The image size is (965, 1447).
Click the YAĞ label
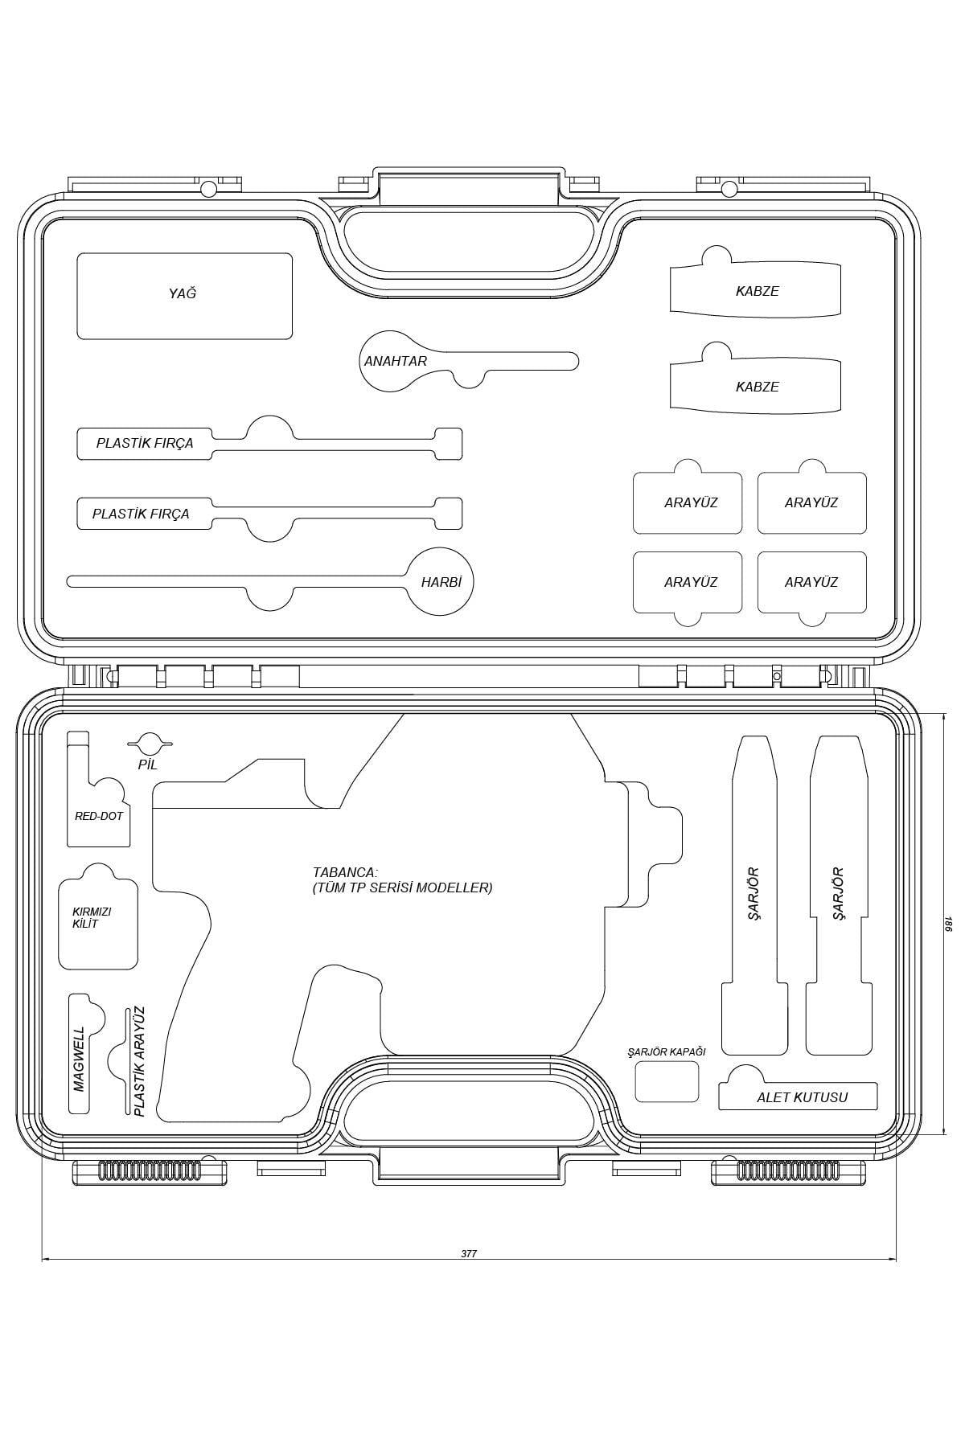click(183, 293)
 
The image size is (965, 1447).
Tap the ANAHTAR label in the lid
click(396, 361)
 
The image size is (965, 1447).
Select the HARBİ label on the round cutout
click(441, 582)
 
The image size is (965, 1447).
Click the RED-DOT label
click(99, 816)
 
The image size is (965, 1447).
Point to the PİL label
click(147, 764)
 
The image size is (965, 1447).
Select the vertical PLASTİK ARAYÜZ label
click(139, 1061)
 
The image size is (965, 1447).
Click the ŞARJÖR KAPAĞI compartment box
click(667, 1081)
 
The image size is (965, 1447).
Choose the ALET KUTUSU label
click(802, 1097)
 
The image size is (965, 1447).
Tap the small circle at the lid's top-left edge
click(208, 189)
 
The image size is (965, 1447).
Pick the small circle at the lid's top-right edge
click(729, 189)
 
